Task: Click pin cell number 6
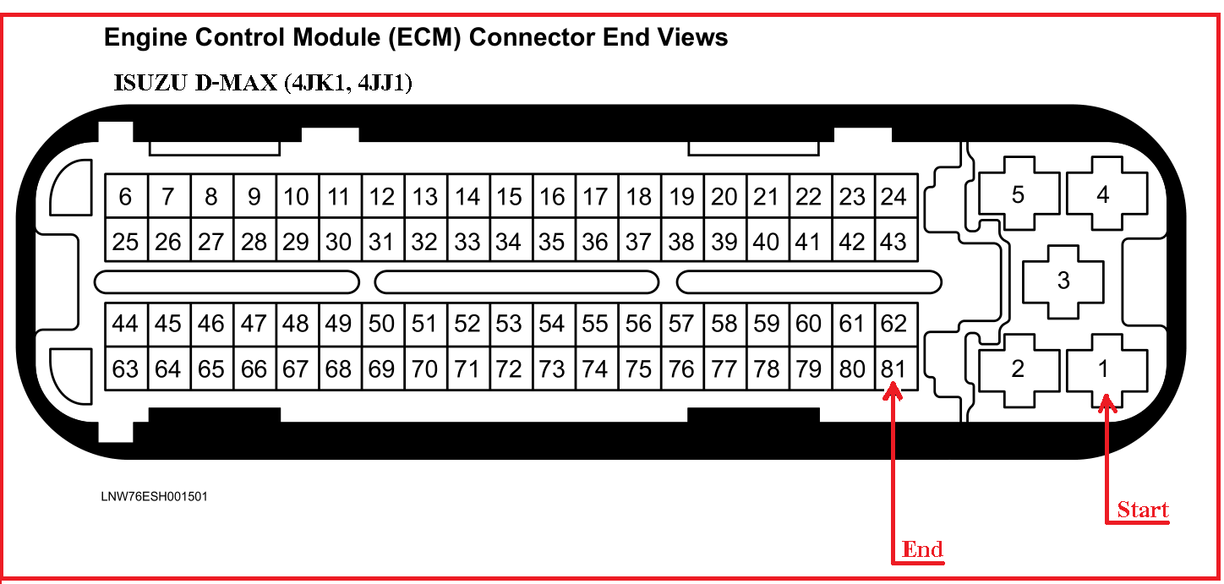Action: click(x=126, y=197)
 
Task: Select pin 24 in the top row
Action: click(x=894, y=197)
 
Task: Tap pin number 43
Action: click(x=894, y=242)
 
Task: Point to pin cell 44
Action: click(x=126, y=324)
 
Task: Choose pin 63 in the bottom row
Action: click(x=126, y=369)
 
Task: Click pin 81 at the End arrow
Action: click(x=894, y=369)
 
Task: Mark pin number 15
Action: click(x=510, y=197)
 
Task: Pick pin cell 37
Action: click(x=638, y=242)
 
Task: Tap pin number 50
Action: click(x=382, y=324)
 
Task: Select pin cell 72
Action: click(x=510, y=369)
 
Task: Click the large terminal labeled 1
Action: click(x=1104, y=368)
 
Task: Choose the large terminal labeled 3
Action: click(x=1063, y=281)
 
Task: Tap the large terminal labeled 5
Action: click(x=1019, y=195)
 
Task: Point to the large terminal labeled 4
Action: click(x=1104, y=195)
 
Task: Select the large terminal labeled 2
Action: click(x=1019, y=368)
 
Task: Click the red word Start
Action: click(x=1143, y=510)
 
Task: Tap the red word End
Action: click(x=922, y=549)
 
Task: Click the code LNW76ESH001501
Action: click(x=155, y=497)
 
